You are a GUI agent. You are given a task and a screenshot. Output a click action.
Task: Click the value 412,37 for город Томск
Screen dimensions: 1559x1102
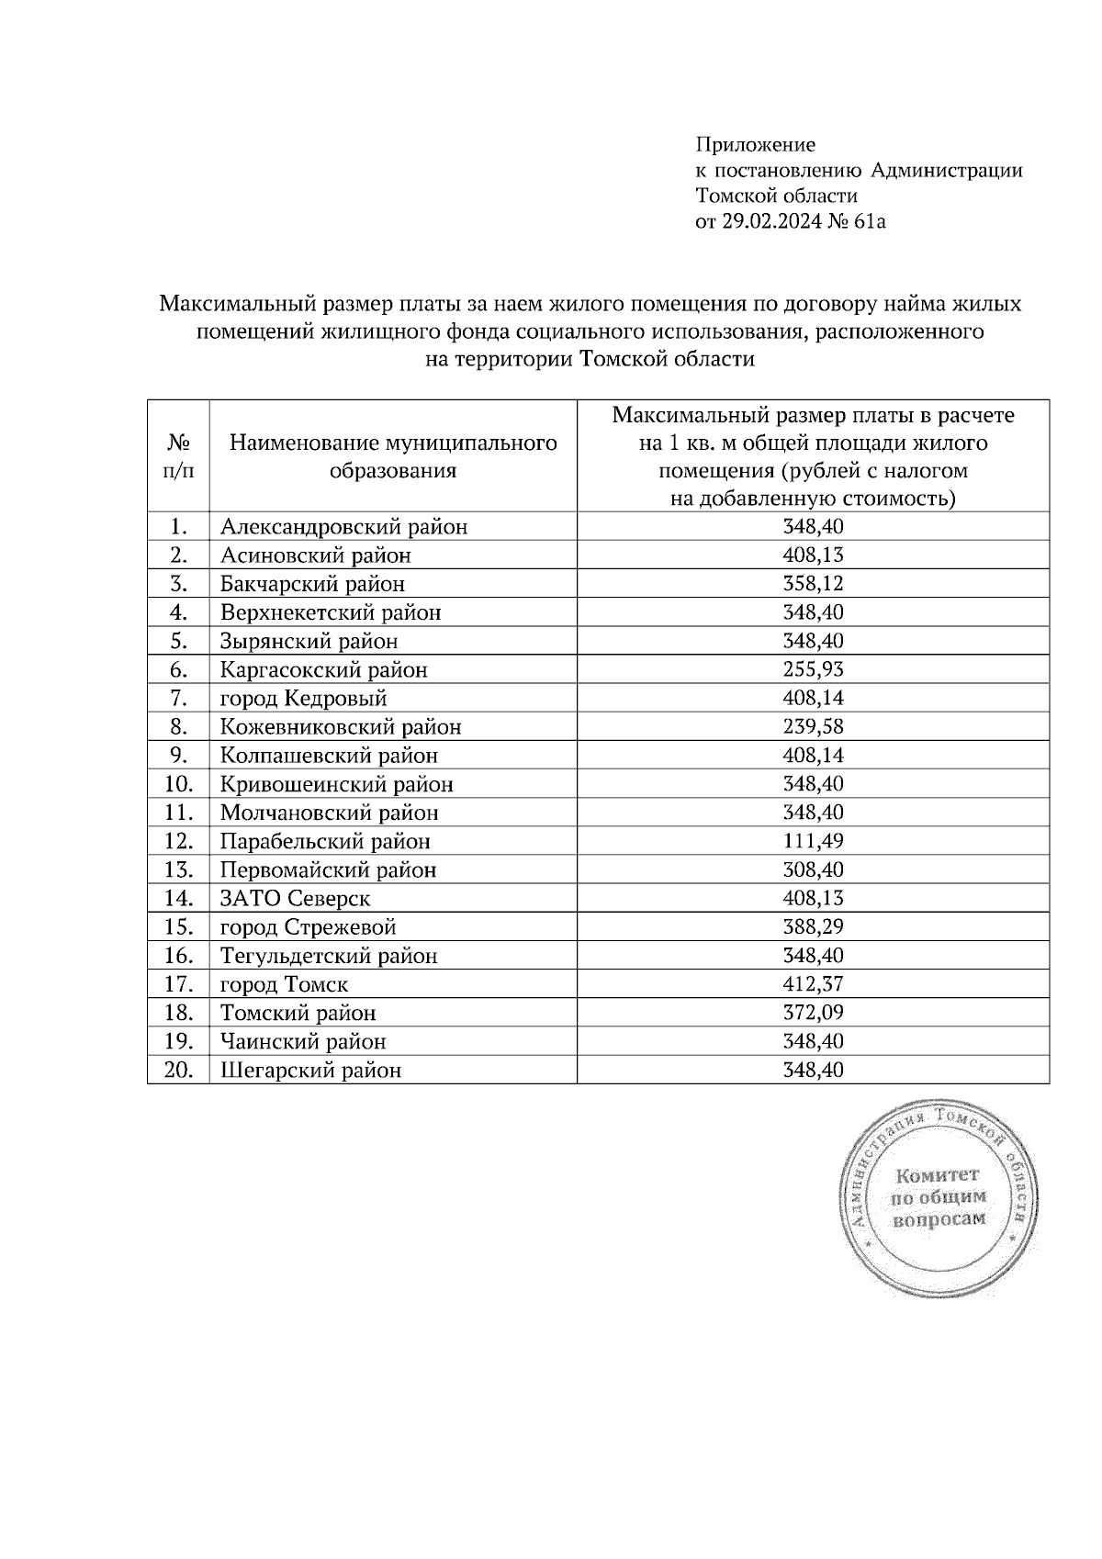coord(813,984)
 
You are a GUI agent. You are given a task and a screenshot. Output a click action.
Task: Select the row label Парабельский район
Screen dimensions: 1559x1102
coord(325,841)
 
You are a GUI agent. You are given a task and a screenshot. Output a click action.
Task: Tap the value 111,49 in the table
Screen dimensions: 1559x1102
coord(813,841)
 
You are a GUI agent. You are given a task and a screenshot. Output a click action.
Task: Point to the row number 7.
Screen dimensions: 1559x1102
coord(178,698)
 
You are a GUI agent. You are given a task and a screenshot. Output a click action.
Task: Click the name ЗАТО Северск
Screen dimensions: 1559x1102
coord(295,898)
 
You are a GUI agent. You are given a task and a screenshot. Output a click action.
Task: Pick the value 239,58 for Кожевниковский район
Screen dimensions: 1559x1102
coord(813,726)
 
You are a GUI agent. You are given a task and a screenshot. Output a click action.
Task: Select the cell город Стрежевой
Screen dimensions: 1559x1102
coord(308,926)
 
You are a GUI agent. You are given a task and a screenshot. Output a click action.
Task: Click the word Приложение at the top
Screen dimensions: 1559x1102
coord(755,144)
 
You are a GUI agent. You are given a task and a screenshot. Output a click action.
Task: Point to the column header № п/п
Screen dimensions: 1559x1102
coord(178,456)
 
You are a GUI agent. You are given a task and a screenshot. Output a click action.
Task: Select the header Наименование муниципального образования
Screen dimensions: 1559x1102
coord(393,456)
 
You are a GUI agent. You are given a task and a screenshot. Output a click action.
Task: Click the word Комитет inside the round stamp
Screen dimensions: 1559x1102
coord(938,1174)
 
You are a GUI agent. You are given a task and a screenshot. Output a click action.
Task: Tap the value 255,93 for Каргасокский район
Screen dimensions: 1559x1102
coord(813,669)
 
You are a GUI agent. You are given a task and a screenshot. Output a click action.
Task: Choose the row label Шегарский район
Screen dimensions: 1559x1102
coord(310,1070)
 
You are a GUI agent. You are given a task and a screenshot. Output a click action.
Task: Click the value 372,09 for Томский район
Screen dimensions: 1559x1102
coord(813,1013)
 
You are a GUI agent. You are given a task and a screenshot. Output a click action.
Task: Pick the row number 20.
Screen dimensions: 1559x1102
coord(178,1070)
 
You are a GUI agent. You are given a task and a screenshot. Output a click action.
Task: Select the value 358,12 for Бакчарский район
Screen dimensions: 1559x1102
coord(813,584)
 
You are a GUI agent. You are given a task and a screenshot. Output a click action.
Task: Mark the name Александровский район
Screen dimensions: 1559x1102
coord(343,527)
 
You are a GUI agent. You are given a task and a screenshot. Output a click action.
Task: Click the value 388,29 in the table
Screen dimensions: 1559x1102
coord(813,926)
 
